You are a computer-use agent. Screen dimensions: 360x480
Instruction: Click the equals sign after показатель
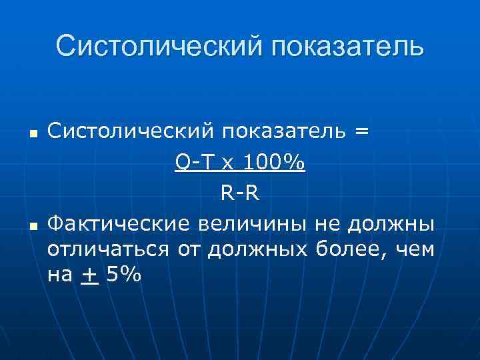point(361,132)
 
